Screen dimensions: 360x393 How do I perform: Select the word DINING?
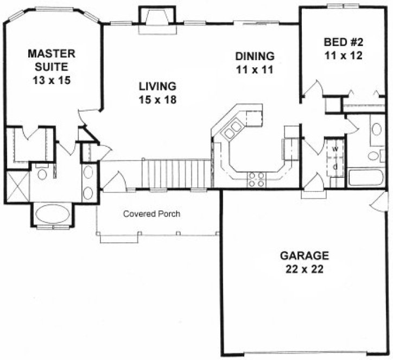(255, 56)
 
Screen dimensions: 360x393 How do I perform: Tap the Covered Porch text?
(151, 214)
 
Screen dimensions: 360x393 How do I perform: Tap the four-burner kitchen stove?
(256, 179)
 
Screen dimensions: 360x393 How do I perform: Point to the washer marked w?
(335, 149)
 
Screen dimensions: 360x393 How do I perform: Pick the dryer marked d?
(335, 166)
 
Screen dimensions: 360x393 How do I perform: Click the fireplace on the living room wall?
(155, 21)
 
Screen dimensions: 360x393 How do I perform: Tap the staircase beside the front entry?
(175, 173)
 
